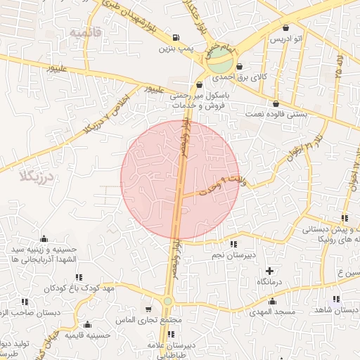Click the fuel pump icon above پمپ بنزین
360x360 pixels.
click(175, 38)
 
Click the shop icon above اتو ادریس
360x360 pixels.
click(286, 27)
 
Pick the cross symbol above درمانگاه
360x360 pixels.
click(269, 271)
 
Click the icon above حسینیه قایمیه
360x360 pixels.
click(87, 325)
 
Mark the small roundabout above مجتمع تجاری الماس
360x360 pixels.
click(167, 301)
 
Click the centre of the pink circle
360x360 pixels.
click(180, 180)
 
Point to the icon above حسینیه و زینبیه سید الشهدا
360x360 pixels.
click(44, 238)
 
